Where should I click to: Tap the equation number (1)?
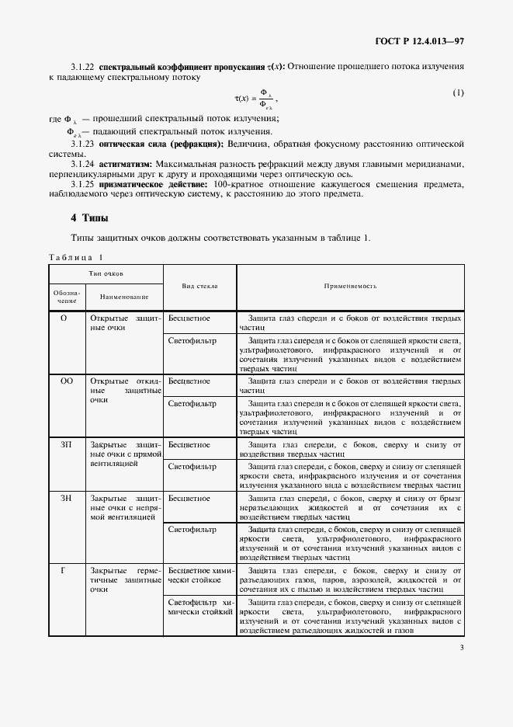pos(458,92)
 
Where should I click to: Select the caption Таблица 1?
pos(75,257)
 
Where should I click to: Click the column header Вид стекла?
pos(199,286)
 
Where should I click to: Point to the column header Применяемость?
pos(350,286)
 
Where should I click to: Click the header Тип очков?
pos(106,274)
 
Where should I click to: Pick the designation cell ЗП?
pos(66,444)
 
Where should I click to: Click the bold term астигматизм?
pos(126,164)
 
